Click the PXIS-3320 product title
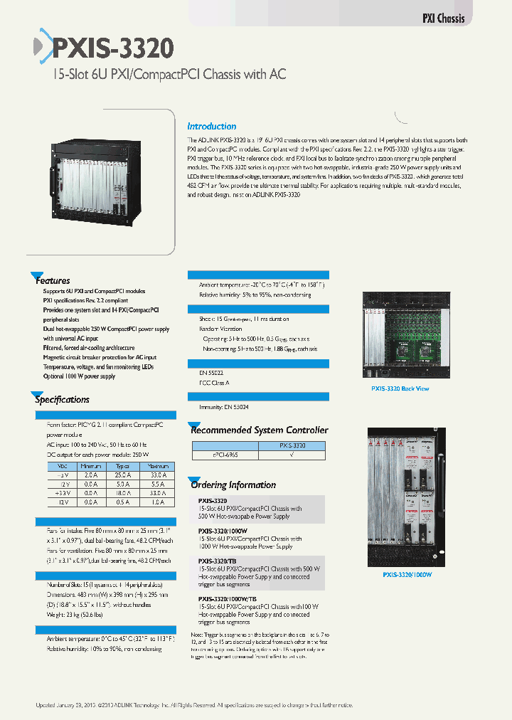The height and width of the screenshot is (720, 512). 112,48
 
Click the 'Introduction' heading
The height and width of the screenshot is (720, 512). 211,126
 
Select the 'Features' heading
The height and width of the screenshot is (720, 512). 53,280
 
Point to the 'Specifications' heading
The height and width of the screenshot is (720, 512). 62,400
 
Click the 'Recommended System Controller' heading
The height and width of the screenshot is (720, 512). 259,430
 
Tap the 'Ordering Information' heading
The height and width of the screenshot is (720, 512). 233,485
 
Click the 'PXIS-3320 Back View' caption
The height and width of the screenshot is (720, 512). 400,388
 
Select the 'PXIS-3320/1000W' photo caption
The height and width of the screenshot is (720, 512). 407,575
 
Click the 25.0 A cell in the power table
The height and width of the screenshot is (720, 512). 123,474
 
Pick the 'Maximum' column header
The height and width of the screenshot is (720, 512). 157,465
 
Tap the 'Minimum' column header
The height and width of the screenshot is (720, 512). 90,465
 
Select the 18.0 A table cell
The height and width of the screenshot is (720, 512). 123,492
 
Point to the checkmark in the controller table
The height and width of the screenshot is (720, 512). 293,454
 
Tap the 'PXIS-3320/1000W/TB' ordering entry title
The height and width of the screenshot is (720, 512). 227,599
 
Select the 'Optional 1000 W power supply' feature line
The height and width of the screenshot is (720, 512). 79,376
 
